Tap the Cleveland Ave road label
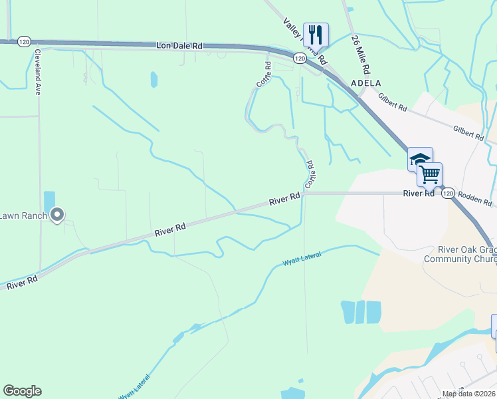click(x=38, y=71)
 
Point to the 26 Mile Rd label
click(x=361, y=55)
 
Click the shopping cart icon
click(x=430, y=174)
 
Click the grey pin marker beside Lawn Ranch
click(x=57, y=214)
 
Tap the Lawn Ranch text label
click(x=23, y=215)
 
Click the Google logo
click(x=22, y=391)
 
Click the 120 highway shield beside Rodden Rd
click(x=448, y=193)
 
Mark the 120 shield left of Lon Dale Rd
click(x=24, y=42)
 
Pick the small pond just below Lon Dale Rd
click(x=154, y=80)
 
